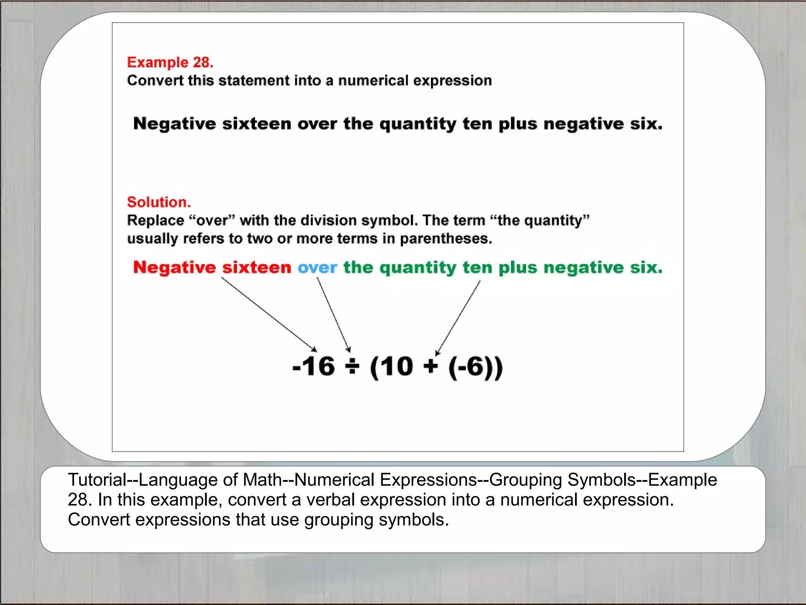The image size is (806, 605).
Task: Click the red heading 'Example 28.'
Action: (x=170, y=62)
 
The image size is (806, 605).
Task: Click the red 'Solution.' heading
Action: (x=159, y=202)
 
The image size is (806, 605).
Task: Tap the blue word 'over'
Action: (x=317, y=268)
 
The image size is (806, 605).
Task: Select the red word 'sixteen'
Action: (x=257, y=267)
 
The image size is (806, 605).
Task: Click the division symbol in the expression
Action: (x=352, y=367)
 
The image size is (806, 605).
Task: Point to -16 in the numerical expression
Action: (x=314, y=367)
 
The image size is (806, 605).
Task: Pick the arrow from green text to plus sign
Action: (x=458, y=317)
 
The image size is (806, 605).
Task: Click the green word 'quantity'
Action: (x=418, y=268)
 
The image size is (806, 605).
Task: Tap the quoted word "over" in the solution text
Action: (x=212, y=221)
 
